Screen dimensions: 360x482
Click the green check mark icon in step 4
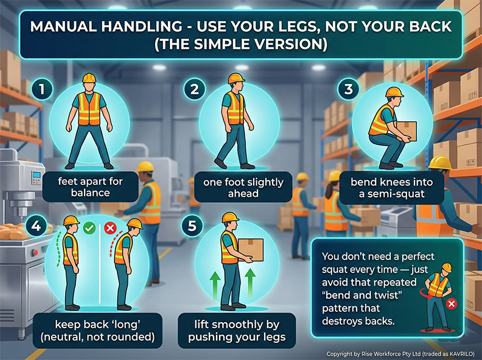89,228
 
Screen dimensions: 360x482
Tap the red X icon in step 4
110,228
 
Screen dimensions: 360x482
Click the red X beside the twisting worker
452,303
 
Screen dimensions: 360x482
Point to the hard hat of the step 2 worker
236,79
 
